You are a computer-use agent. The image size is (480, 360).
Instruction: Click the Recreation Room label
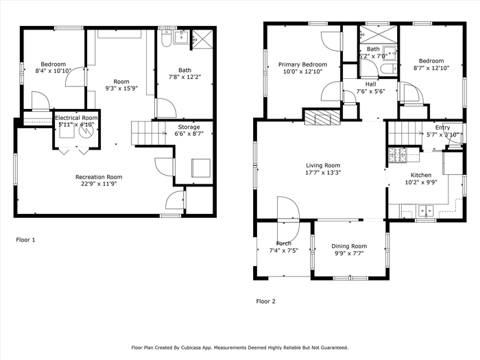pyautogui.click(x=99, y=177)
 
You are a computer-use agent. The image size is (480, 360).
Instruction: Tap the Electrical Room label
pyautogui.click(x=76, y=118)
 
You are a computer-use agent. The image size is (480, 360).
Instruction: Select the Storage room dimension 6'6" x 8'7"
pyautogui.click(x=189, y=134)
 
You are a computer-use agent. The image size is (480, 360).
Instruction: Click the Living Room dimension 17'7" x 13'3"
pyautogui.click(x=323, y=173)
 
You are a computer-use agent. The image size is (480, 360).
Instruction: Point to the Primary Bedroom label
pyautogui.click(x=302, y=64)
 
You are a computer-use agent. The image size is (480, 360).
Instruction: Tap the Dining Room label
pyautogui.click(x=349, y=246)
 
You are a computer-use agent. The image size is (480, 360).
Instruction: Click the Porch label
pyautogui.click(x=283, y=243)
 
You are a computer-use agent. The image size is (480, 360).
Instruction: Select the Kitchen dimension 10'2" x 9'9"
pyautogui.click(x=421, y=182)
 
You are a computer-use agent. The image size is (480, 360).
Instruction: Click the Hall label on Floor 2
pyautogui.click(x=371, y=84)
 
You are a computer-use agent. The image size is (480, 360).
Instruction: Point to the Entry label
pyautogui.click(x=443, y=128)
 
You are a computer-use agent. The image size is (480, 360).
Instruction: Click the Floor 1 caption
pyautogui.click(x=25, y=240)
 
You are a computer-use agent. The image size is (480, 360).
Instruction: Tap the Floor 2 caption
pyautogui.click(x=266, y=302)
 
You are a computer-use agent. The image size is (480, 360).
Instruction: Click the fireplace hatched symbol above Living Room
pyautogui.click(x=322, y=117)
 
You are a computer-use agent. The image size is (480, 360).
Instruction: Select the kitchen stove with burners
pyautogui.click(x=397, y=155)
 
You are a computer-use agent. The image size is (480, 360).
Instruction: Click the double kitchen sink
pyautogui.click(x=426, y=211)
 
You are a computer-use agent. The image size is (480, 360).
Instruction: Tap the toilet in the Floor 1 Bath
pyautogui.click(x=166, y=38)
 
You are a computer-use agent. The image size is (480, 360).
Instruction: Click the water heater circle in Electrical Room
pyautogui.click(x=86, y=131)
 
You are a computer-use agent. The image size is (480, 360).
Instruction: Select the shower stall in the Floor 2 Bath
pyautogui.click(x=378, y=34)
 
